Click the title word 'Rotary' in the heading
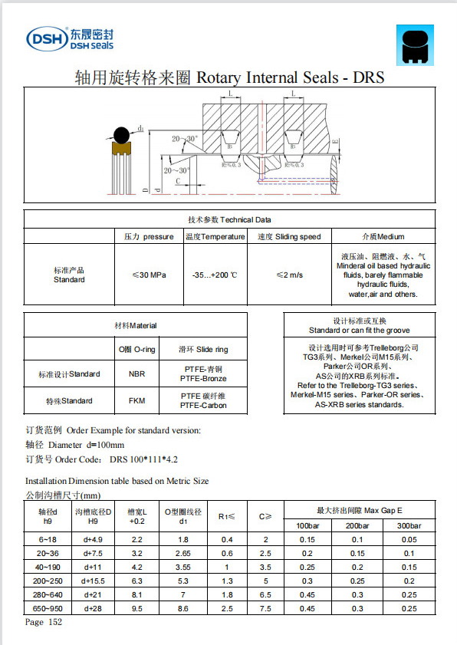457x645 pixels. [223, 77]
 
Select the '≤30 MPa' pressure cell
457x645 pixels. [148, 275]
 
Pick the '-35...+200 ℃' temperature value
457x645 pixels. [215, 275]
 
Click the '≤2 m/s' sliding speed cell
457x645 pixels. [289, 275]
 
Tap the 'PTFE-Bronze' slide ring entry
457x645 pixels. [203, 379]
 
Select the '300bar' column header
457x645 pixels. [408, 526]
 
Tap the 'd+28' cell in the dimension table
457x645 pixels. [93, 609]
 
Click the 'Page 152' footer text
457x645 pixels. [44, 623]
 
